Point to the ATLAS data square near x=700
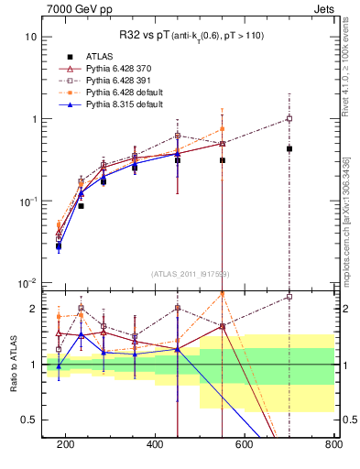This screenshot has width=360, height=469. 289,148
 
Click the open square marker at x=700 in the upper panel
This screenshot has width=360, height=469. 289,119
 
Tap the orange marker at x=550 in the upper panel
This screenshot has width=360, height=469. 223,129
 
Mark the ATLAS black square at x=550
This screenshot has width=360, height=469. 223,160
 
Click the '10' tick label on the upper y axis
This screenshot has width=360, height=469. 29,38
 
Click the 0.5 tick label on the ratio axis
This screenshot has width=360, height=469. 27,420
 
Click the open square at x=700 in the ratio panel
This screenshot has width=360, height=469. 289,297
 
